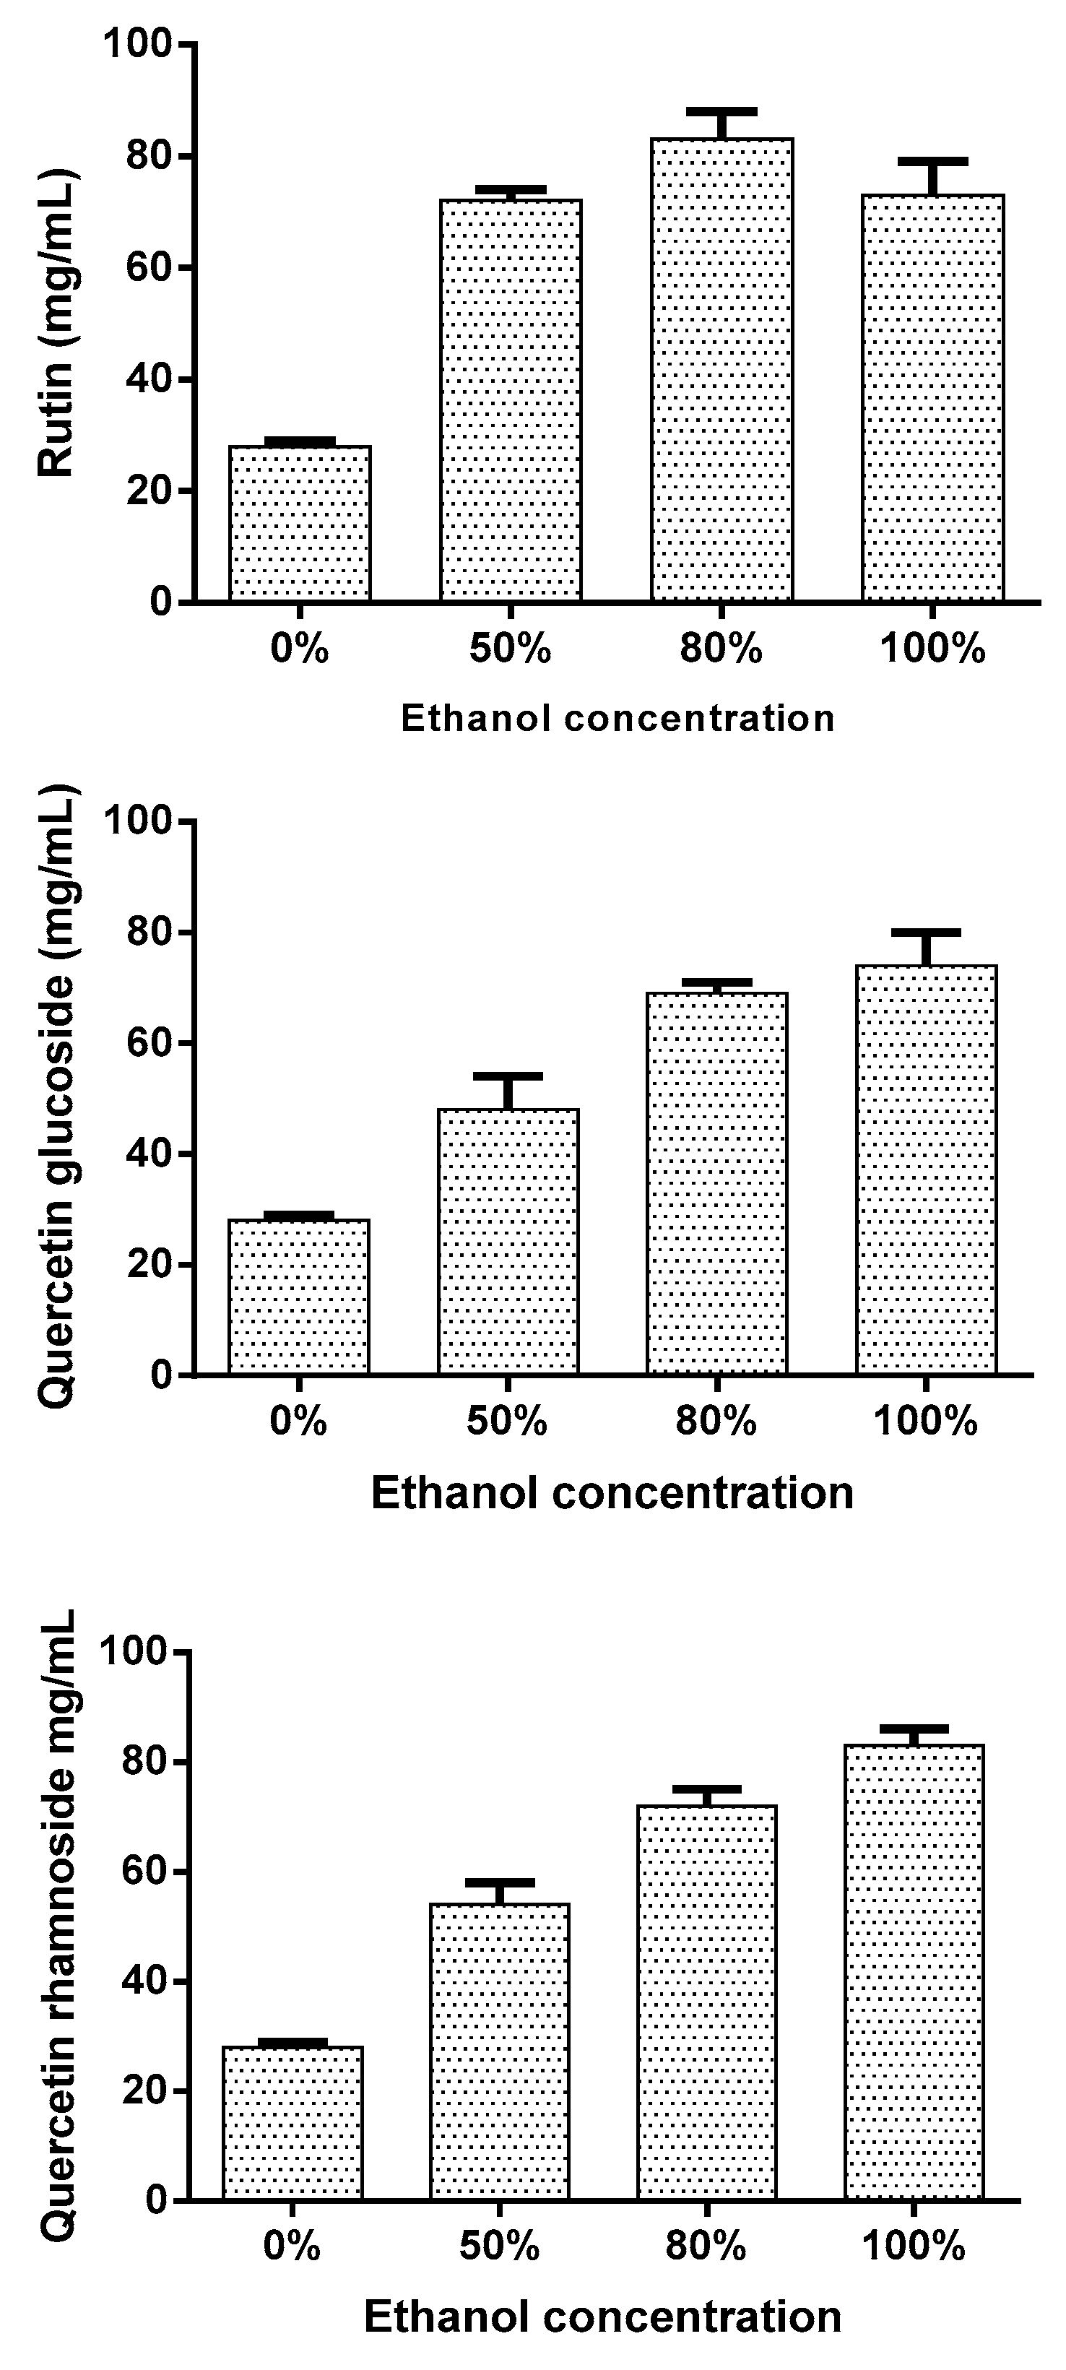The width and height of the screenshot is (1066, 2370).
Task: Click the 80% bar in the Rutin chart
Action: click(722, 368)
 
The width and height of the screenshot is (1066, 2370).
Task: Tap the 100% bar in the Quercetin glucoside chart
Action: click(926, 1169)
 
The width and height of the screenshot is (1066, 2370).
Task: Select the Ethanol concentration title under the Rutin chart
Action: click(617, 717)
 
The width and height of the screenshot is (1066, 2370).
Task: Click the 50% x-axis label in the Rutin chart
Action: click(510, 650)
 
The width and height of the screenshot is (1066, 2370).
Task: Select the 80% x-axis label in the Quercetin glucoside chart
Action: click(716, 1422)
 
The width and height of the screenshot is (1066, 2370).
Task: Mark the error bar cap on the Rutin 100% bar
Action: click(932, 161)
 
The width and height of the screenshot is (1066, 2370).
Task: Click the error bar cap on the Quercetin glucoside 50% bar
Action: click(508, 1076)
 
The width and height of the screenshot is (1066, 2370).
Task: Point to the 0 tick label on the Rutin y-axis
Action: click(161, 602)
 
